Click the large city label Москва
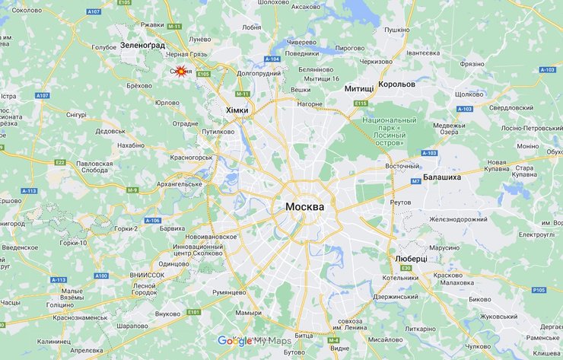(305, 207)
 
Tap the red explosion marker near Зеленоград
(180, 72)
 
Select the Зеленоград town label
(142, 46)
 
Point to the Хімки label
(237, 110)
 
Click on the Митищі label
(359, 89)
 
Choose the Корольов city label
(397, 84)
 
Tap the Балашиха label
(442, 177)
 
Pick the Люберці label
(411, 259)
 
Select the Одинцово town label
(173, 263)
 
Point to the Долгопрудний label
(259, 74)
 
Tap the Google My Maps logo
(254, 341)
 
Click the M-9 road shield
(133, 190)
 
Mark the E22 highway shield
(61, 162)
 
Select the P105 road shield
(539, 290)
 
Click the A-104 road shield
(272, 59)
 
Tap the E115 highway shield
(360, 104)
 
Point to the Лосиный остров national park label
(390, 132)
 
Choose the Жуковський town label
(498, 315)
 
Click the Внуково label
(167, 314)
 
